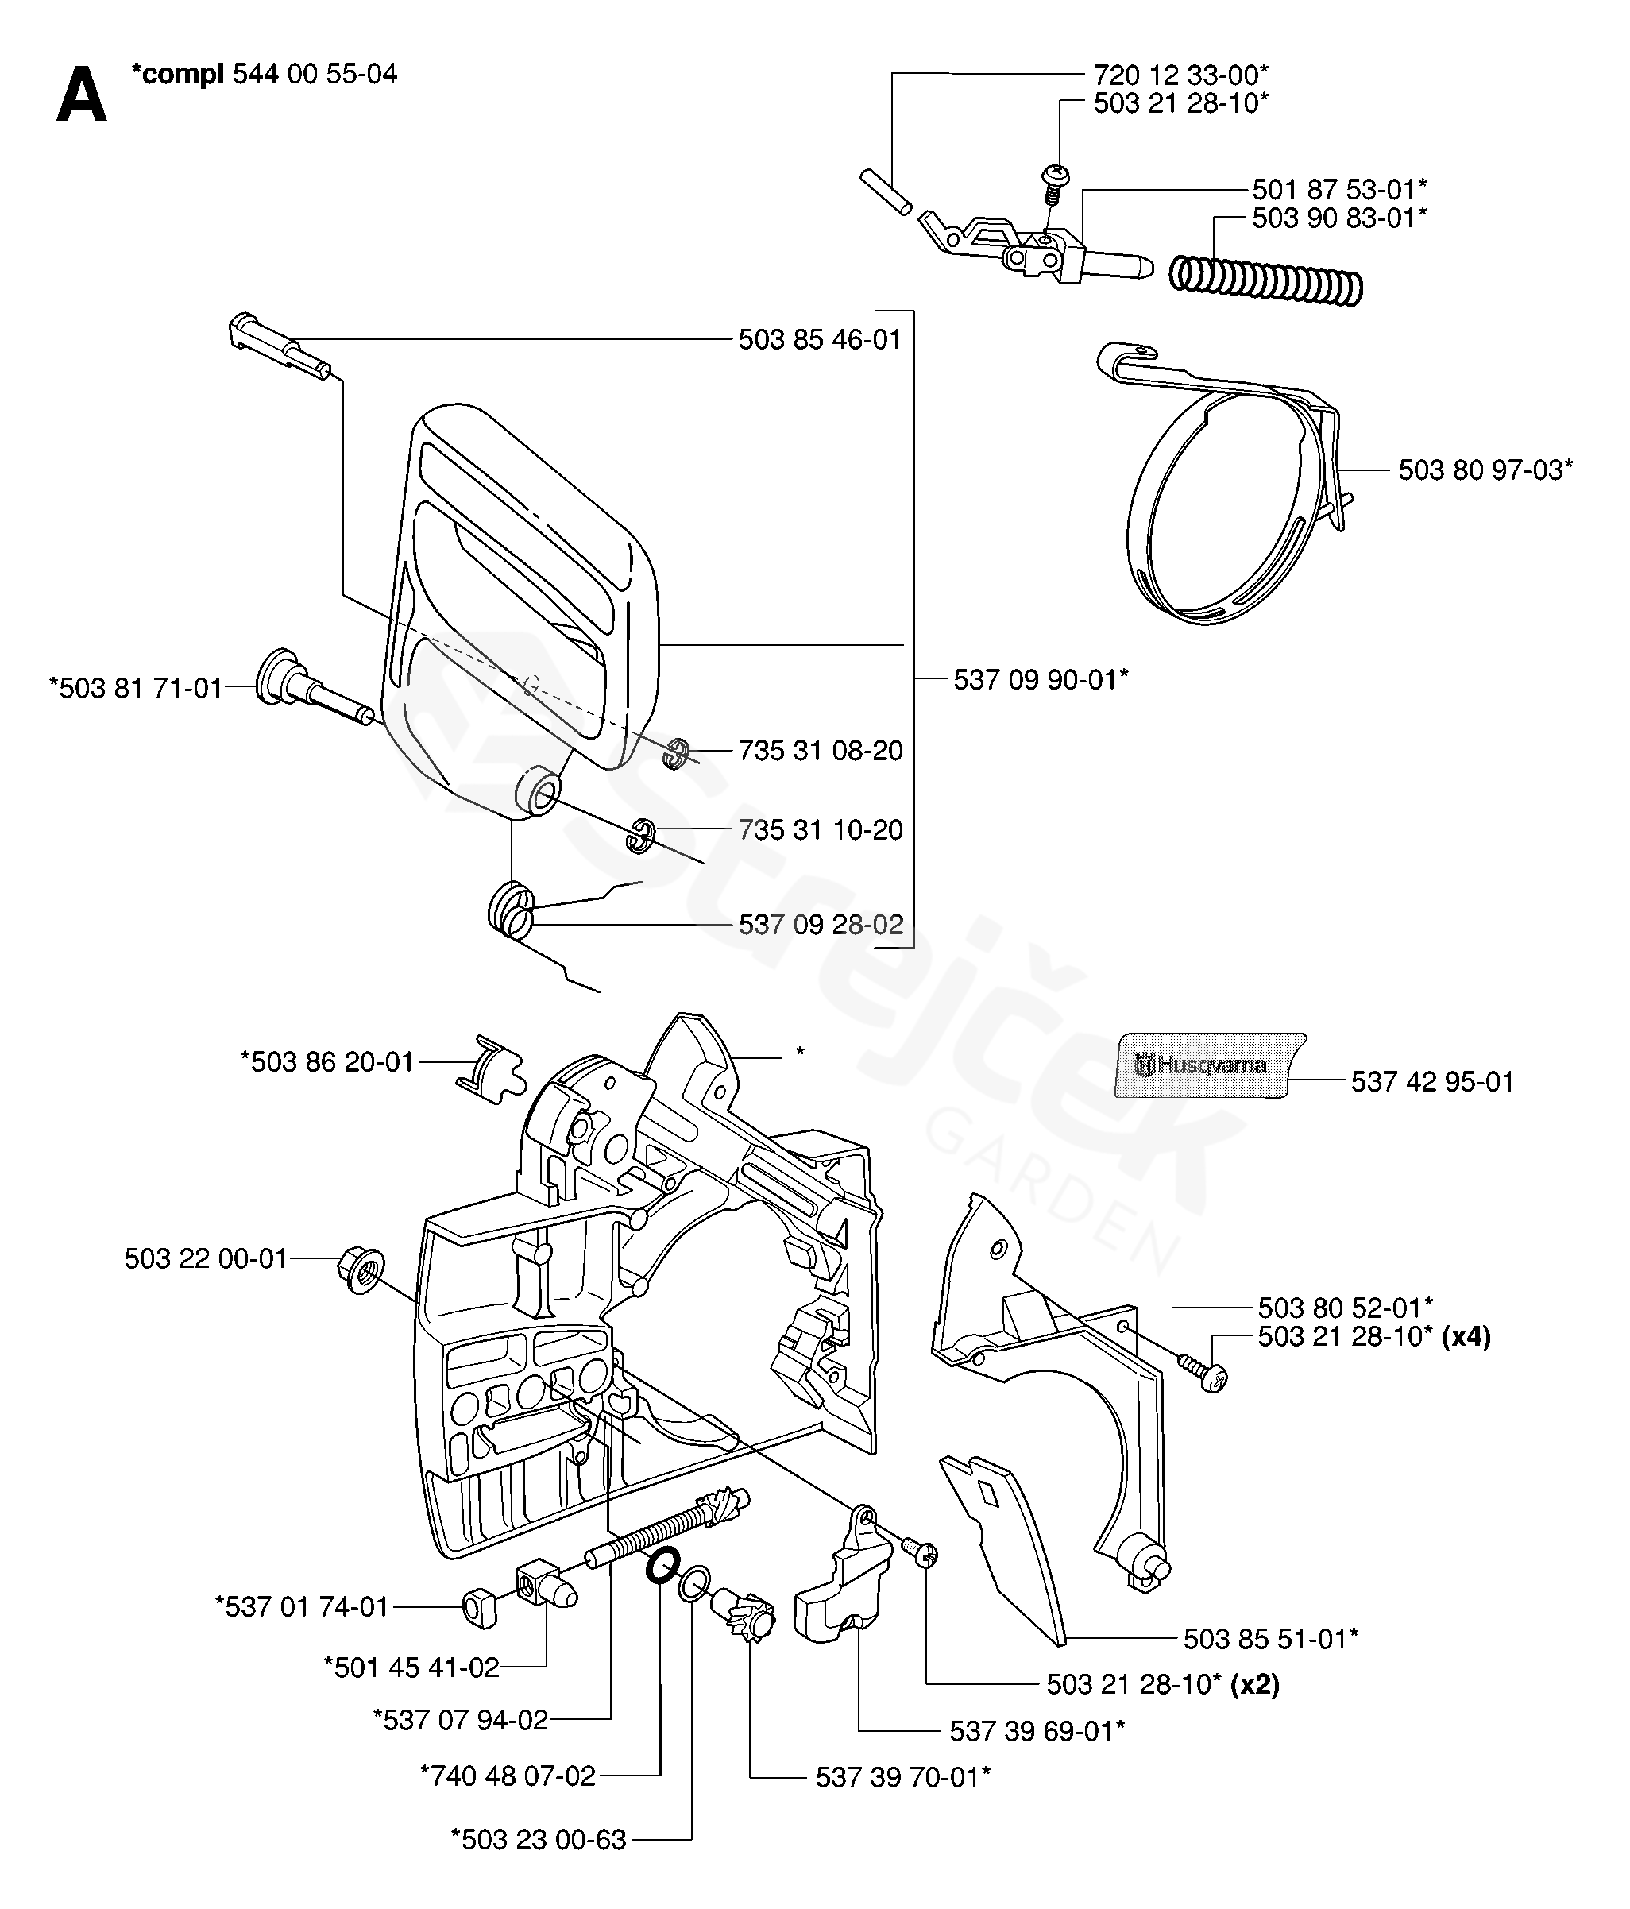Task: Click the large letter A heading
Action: (x=81, y=98)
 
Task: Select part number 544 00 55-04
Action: (x=315, y=74)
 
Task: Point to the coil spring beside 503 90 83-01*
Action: (x=1265, y=280)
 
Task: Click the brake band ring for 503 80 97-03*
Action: (x=1231, y=485)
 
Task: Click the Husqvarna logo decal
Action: (x=1210, y=1065)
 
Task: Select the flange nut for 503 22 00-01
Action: (x=362, y=1269)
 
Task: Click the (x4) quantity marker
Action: (x=1466, y=1336)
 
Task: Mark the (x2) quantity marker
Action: (x=1255, y=1684)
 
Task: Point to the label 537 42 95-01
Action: (x=1433, y=1082)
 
